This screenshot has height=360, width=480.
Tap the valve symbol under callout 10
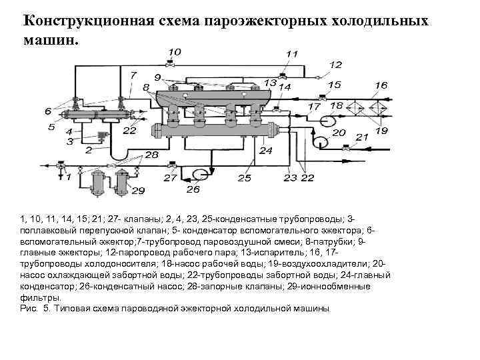point(171,65)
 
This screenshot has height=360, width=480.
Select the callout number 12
point(335,65)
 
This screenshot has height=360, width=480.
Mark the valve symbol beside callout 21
point(345,149)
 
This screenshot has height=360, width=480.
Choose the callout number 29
point(138,192)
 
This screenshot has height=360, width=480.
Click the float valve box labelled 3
point(101,135)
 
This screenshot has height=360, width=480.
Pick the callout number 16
point(381,85)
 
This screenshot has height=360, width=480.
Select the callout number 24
point(267,151)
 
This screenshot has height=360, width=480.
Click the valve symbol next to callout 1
point(61,164)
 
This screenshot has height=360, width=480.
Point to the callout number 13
point(270,82)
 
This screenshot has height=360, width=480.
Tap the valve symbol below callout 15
point(322,97)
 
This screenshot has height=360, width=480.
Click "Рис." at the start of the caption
point(31,309)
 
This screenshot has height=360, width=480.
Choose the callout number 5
point(51,127)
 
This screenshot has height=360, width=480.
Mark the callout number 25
point(245,178)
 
